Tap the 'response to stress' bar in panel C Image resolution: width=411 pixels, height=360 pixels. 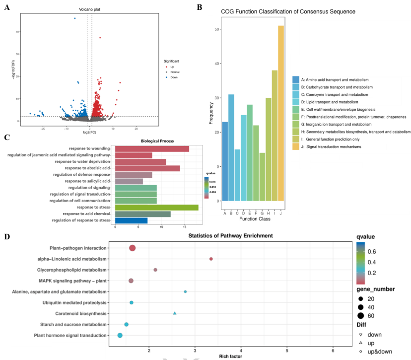156,207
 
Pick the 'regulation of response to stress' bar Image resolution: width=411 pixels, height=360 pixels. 131,220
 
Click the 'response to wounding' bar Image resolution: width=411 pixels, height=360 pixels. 152,149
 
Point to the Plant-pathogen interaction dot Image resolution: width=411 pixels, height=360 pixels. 133,248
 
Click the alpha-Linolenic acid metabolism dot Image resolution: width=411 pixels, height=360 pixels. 211,259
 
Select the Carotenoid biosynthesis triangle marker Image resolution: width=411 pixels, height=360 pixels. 175,313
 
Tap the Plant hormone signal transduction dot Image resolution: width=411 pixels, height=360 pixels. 120,336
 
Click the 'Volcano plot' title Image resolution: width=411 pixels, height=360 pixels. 89,9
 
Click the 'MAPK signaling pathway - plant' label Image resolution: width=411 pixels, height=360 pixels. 73,281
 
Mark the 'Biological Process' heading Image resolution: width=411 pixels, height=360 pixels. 157,141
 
